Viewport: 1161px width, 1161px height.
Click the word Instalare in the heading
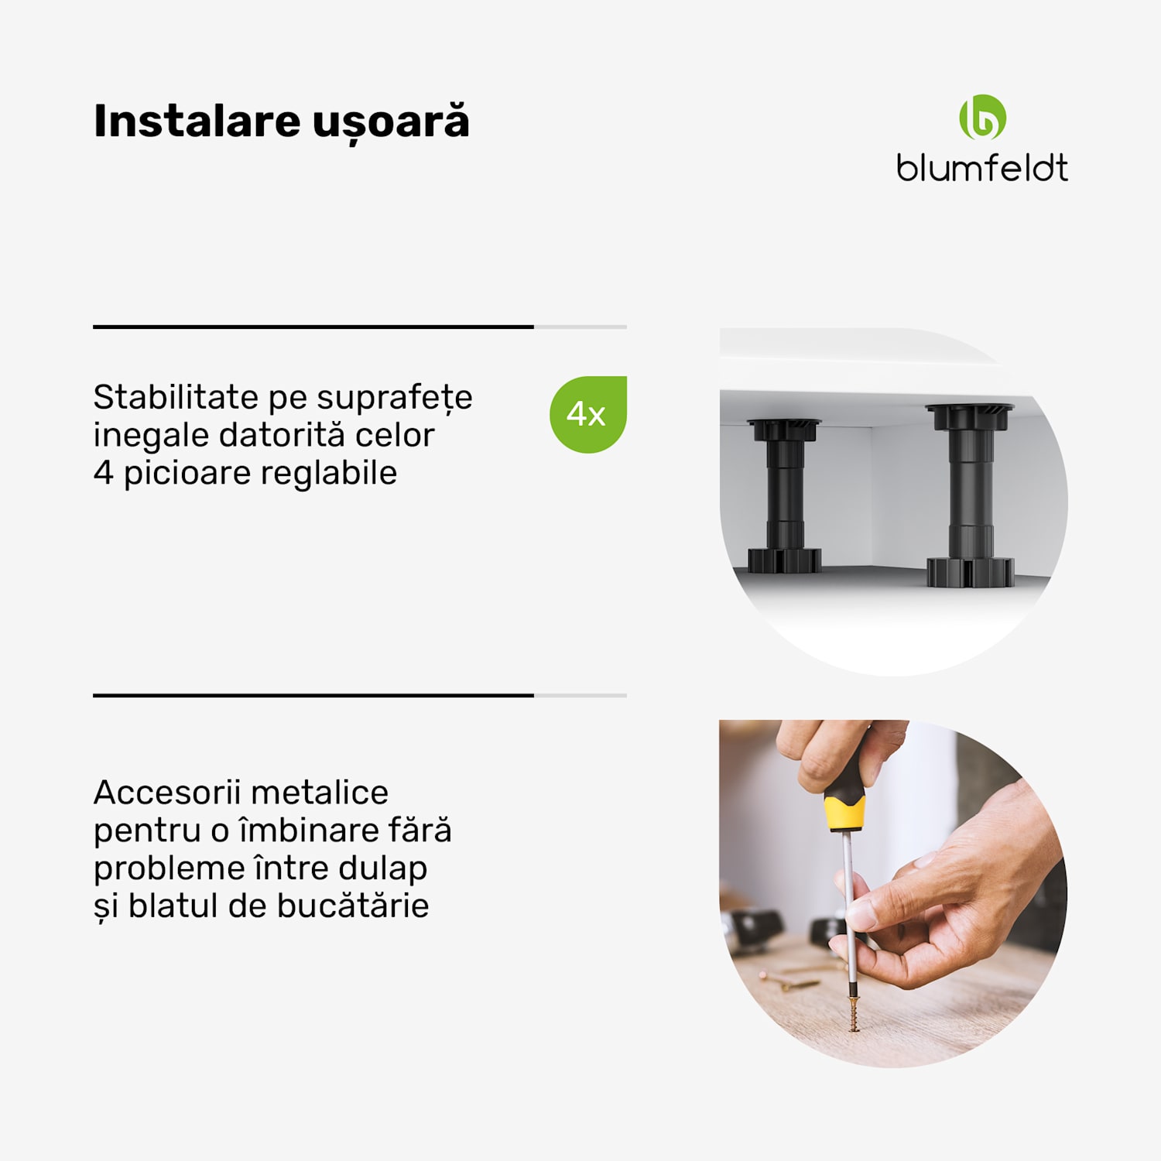click(x=197, y=122)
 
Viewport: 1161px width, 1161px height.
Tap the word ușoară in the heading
click(x=391, y=123)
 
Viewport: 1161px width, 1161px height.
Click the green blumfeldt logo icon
click(x=982, y=118)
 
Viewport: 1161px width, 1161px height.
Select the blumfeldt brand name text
click(x=982, y=168)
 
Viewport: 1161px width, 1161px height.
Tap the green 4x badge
click(x=587, y=415)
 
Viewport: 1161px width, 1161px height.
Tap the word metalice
click(x=320, y=793)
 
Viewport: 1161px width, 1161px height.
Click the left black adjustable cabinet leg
click(x=785, y=495)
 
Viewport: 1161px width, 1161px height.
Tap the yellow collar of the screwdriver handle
click(x=844, y=813)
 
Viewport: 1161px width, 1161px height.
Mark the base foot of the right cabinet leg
click(x=971, y=572)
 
